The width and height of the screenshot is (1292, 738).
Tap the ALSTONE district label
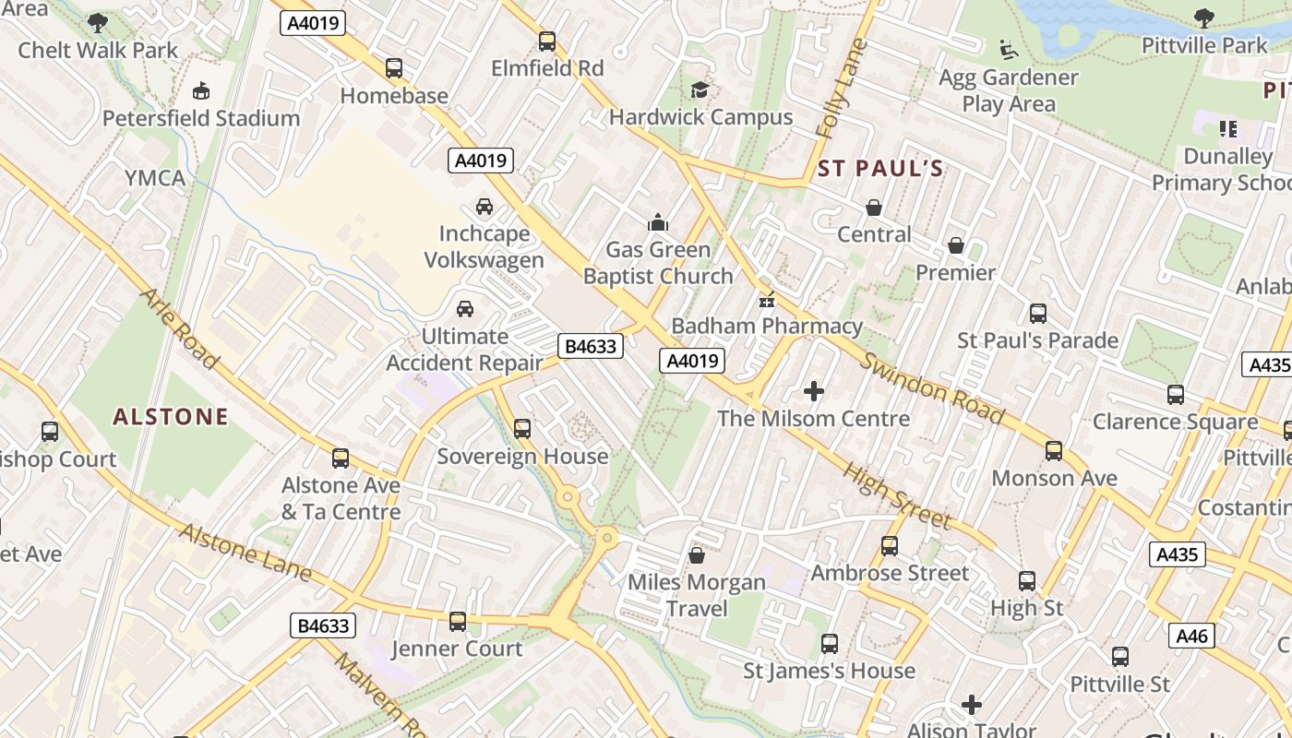[170, 417]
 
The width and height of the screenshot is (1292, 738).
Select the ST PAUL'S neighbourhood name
[880, 169]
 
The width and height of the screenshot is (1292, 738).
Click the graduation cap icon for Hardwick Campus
[700, 89]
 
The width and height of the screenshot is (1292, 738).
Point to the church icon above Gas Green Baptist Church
[657, 222]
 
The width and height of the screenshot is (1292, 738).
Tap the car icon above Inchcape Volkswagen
[484, 207]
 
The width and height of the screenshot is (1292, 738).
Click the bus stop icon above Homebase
[394, 68]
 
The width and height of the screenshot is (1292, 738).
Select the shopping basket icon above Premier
[956, 246]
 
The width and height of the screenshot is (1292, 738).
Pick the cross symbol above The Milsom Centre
[813, 391]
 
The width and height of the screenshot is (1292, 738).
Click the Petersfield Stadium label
[201, 118]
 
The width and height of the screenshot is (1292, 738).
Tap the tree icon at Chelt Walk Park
[98, 22]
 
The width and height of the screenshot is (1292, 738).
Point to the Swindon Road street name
[932, 387]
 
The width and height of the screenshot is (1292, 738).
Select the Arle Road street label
[179, 328]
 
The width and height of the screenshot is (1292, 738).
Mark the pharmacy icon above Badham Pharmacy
[766, 300]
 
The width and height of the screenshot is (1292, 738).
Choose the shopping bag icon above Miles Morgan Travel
[697, 555]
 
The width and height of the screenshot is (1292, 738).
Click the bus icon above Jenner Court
[457, 622]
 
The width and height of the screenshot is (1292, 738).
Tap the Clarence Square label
[1175, 423]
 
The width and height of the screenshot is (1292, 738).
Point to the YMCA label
[155, 178]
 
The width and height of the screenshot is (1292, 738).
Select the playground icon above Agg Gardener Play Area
[1009, 50]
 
